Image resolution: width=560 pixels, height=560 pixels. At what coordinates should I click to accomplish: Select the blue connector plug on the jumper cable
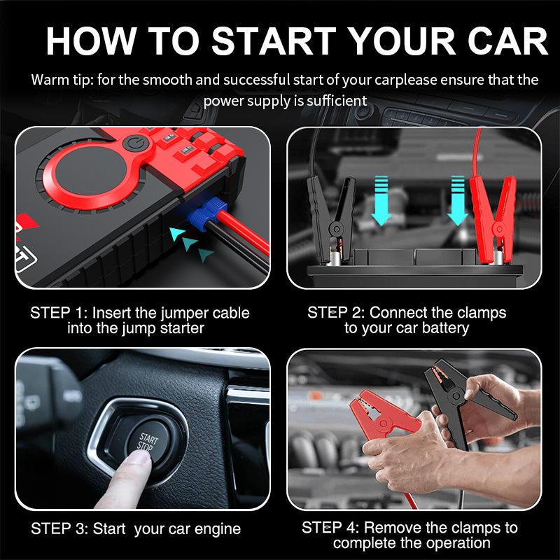[x=207, y=215]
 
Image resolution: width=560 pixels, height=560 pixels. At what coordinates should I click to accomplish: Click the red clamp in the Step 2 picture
[x=494, y=218]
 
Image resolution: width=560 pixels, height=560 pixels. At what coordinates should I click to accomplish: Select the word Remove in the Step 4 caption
[x=393, y=528]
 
